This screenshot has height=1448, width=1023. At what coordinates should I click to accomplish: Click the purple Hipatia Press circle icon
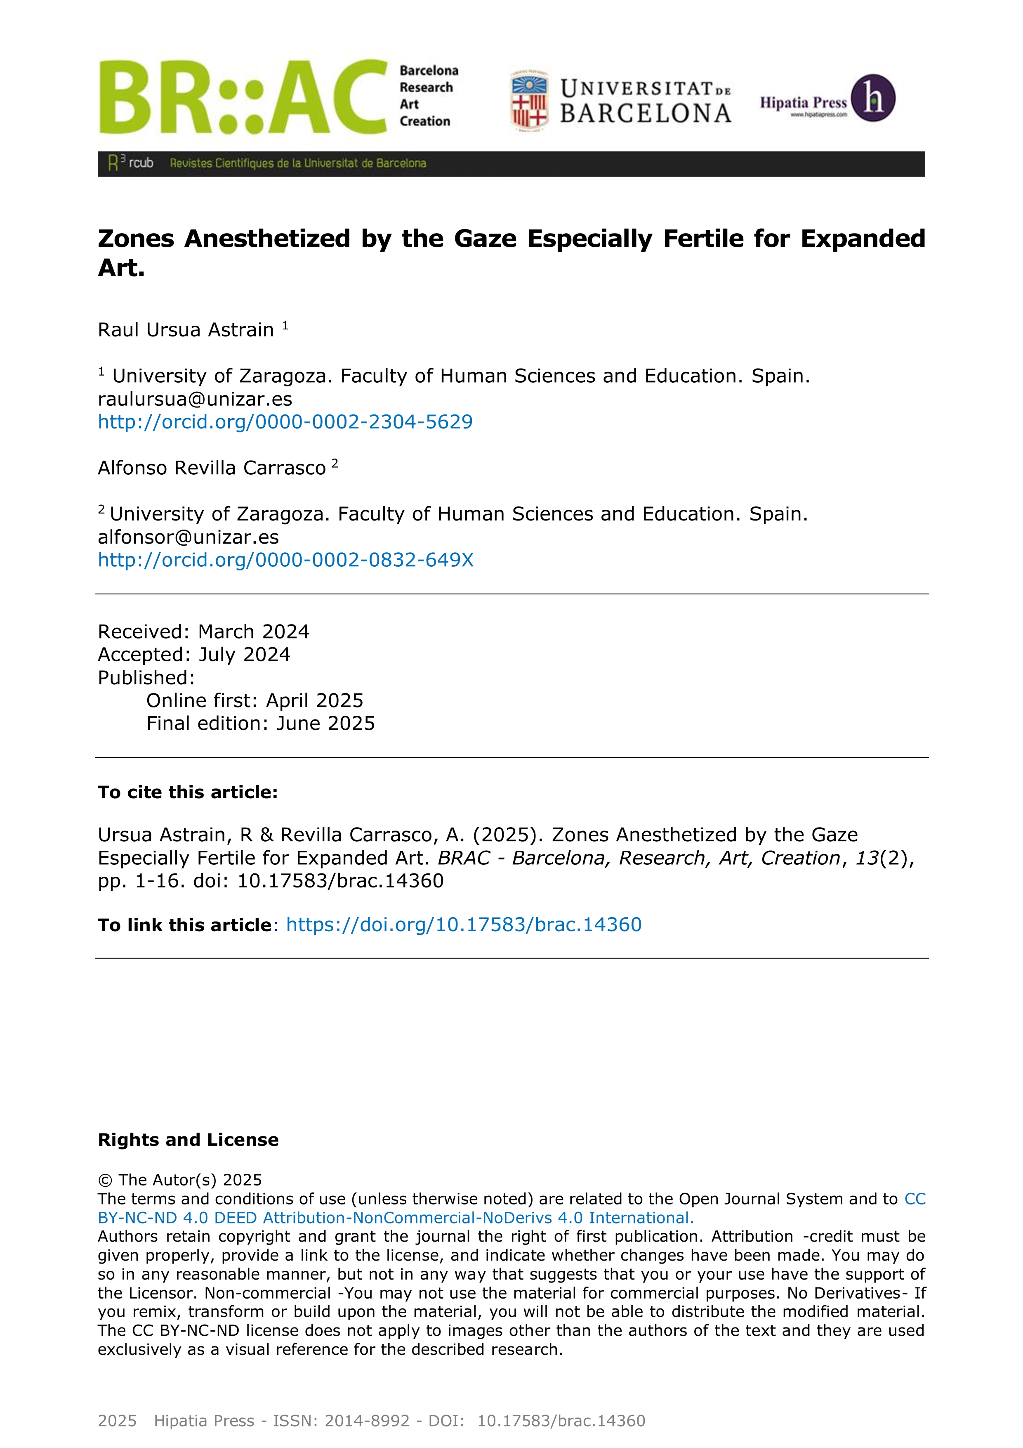[873, 98]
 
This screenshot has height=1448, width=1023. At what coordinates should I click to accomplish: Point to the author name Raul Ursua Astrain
[186, 330]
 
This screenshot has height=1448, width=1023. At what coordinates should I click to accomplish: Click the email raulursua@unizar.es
[195, 399]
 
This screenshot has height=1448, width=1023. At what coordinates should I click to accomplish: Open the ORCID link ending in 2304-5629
[285, 422]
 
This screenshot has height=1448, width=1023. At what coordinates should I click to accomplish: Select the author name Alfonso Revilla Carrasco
[212, 468]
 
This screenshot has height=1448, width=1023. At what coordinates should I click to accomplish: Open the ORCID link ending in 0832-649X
[285, 560]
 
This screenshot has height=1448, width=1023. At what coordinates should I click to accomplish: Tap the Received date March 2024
[253, 632]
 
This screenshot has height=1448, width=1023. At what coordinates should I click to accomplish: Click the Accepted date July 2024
[243, 655]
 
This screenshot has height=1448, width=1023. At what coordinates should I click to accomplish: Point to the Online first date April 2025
[314, 700]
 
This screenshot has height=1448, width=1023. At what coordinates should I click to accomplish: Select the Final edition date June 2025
[325, 723]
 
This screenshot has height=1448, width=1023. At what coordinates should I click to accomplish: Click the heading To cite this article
[188, 793]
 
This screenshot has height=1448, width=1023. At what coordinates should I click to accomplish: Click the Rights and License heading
[188, 1140]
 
